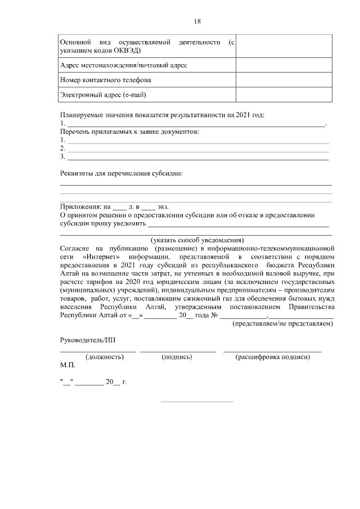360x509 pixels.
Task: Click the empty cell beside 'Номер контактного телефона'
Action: pos(283,80)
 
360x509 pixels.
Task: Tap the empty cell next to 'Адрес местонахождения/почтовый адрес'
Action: pos(283,65)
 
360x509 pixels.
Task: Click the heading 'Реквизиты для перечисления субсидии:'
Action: pos(121,174)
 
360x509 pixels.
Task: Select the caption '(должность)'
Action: pos(104,357)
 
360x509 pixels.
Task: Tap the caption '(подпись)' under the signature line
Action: pos(177,357)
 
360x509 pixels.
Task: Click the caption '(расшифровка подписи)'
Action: pos(273,357)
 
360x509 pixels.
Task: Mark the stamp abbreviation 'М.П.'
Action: pos(67,366)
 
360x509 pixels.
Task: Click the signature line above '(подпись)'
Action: pos(178,351)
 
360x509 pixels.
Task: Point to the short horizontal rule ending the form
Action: pos(197,402)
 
